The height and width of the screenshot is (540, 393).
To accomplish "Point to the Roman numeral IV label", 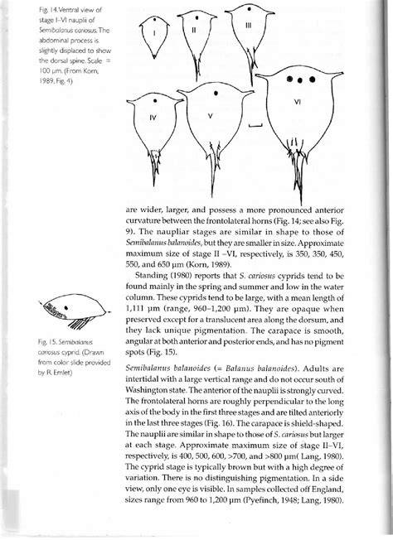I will (151, 117).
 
